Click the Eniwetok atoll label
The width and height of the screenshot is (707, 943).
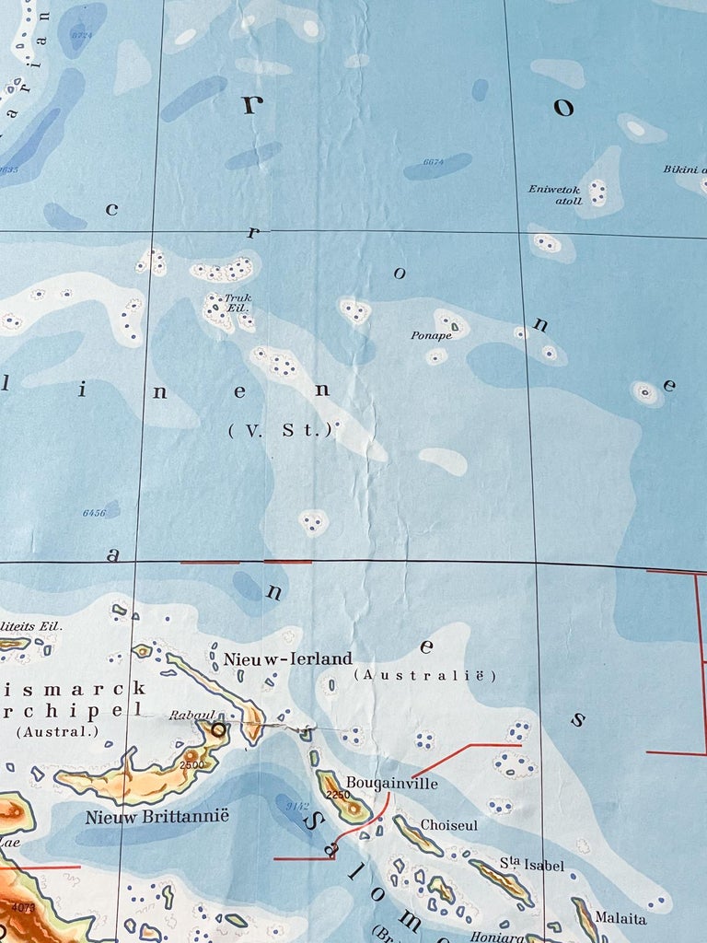pos(554,195)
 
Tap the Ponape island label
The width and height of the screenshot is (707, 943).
pos(431,335)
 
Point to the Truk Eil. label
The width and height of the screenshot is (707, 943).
pos(238,303)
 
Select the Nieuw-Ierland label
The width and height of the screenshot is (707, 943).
pos(288,658)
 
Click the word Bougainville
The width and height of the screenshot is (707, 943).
pos(392,784)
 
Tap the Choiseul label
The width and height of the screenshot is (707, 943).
pos(449,825)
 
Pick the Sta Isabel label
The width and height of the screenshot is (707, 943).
pos(532,865)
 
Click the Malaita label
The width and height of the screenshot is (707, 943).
pos(620,918)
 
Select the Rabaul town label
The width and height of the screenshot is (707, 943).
pos(191,715)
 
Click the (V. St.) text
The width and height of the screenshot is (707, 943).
pos(279,429)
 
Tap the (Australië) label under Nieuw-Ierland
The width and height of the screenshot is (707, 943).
pos(425,676)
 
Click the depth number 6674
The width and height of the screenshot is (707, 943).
pos(434,162)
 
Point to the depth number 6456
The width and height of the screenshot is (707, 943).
pos(94,512)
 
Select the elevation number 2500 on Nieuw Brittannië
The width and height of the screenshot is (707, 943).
pos(191,765)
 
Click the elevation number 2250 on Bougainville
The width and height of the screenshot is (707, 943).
pos(339,795)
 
